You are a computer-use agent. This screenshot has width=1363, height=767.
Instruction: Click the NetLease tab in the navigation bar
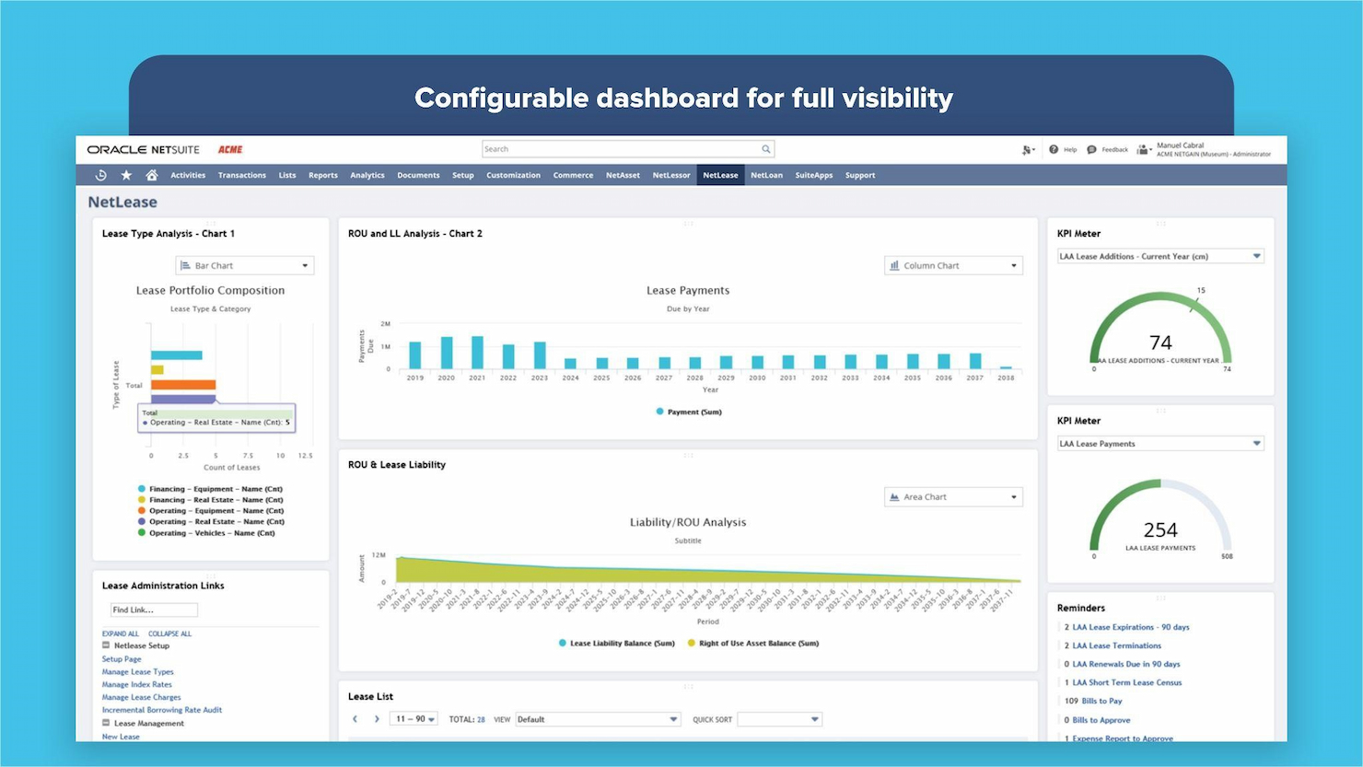pos(720,175)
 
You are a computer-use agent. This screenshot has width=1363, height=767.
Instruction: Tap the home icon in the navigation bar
pos(152,175)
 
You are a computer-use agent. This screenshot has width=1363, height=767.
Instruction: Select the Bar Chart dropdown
pos(245,265)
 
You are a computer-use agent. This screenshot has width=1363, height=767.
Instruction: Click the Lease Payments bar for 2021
pos(477,353)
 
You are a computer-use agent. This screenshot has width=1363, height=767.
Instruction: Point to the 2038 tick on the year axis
pos(1006,378)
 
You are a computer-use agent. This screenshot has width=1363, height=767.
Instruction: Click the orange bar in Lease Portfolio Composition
pos(183,385)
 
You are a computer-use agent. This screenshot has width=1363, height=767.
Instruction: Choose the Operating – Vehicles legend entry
pos(211,533)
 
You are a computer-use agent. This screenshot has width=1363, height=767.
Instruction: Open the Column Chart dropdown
pos(953,265)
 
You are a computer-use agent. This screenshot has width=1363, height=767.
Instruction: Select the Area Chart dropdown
pos(953,497)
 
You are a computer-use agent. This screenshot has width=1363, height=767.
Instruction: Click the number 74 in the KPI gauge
pos(1160,343)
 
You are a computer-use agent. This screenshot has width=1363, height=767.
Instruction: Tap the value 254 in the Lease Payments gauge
pos(1160,530)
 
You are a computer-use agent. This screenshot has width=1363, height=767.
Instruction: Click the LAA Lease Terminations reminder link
pos(1116,645)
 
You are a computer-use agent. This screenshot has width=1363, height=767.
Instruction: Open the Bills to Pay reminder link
pos(1101,701)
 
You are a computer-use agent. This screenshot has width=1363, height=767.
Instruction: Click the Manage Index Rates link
pos(136,684)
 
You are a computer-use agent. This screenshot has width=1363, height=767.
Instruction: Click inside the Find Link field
pos(153,610)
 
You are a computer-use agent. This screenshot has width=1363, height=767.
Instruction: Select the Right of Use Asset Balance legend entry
pos(758,644)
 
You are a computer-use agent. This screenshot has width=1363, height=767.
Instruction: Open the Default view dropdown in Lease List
pos(598,719)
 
